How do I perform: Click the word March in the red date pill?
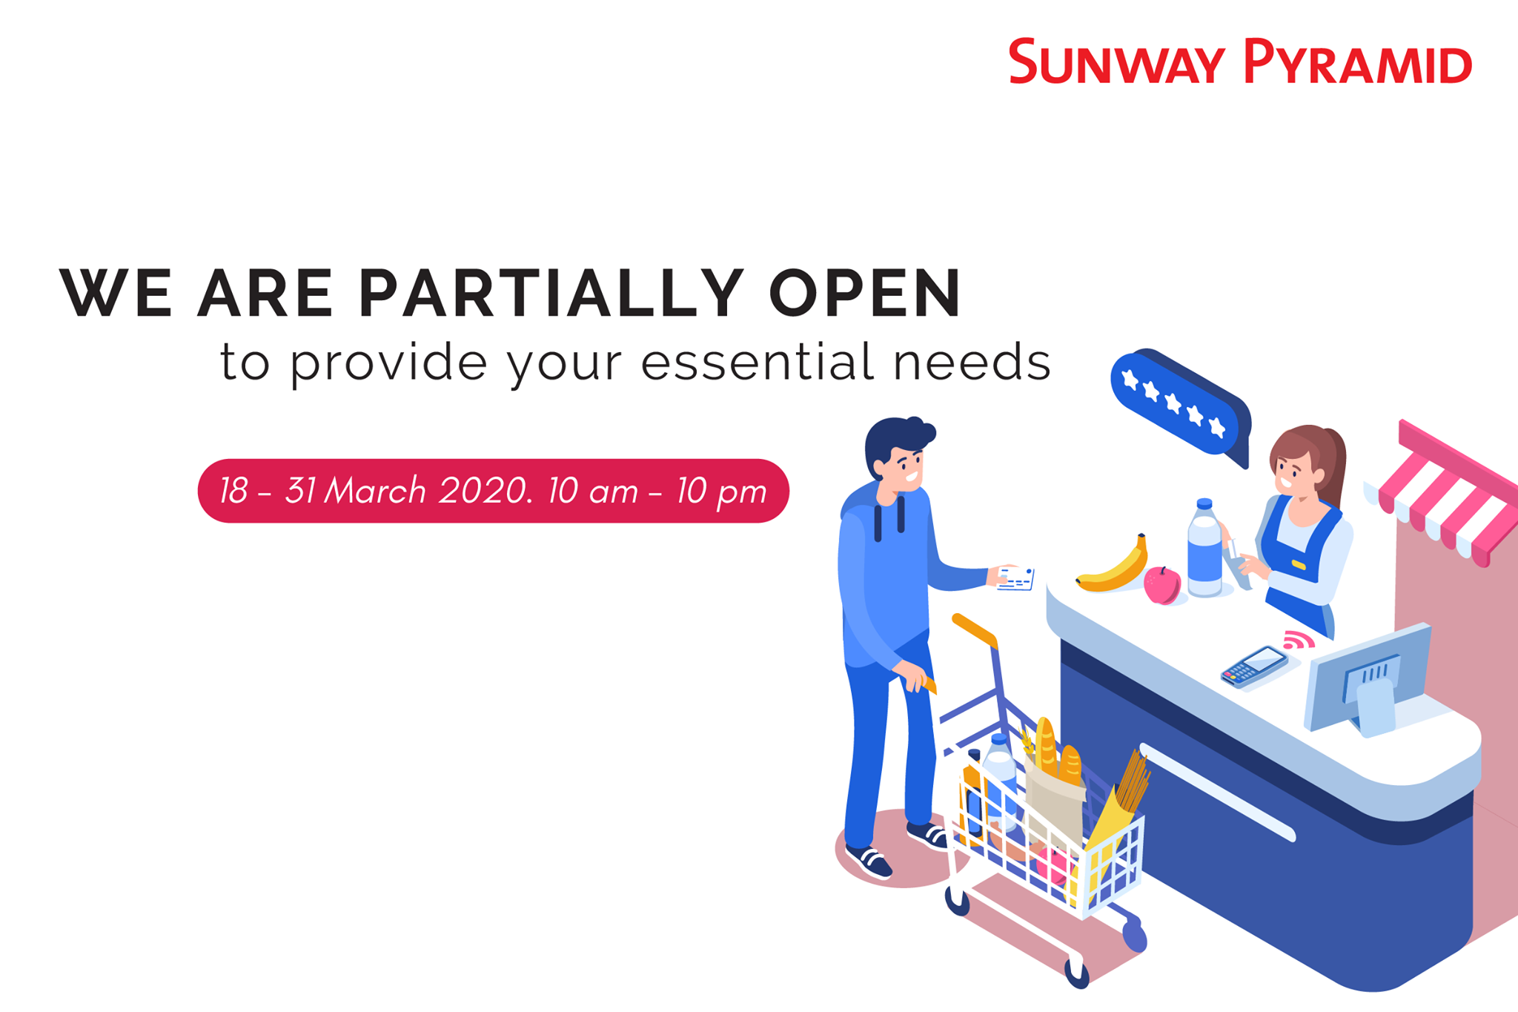click(376, 491)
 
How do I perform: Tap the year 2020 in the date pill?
click(483, 491)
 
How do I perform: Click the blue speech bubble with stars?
click(1180, 406)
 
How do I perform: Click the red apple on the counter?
click(1162, 586)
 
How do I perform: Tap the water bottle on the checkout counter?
click(1204, 549)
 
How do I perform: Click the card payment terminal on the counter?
click(1254, 667)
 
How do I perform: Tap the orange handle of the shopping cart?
click(974, 631)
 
